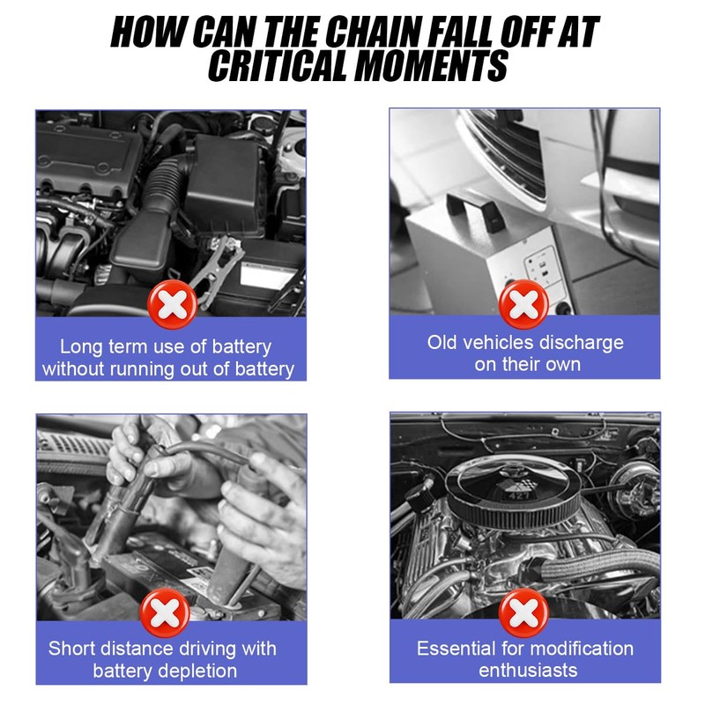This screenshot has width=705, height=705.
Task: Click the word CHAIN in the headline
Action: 370,33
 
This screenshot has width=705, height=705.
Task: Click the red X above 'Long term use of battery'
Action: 172,304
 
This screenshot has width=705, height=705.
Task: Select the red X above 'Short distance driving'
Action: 165,612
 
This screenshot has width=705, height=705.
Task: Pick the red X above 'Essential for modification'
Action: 523,612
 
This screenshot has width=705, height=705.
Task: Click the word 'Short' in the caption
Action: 72,649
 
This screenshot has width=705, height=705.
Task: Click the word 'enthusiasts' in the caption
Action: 528,671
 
